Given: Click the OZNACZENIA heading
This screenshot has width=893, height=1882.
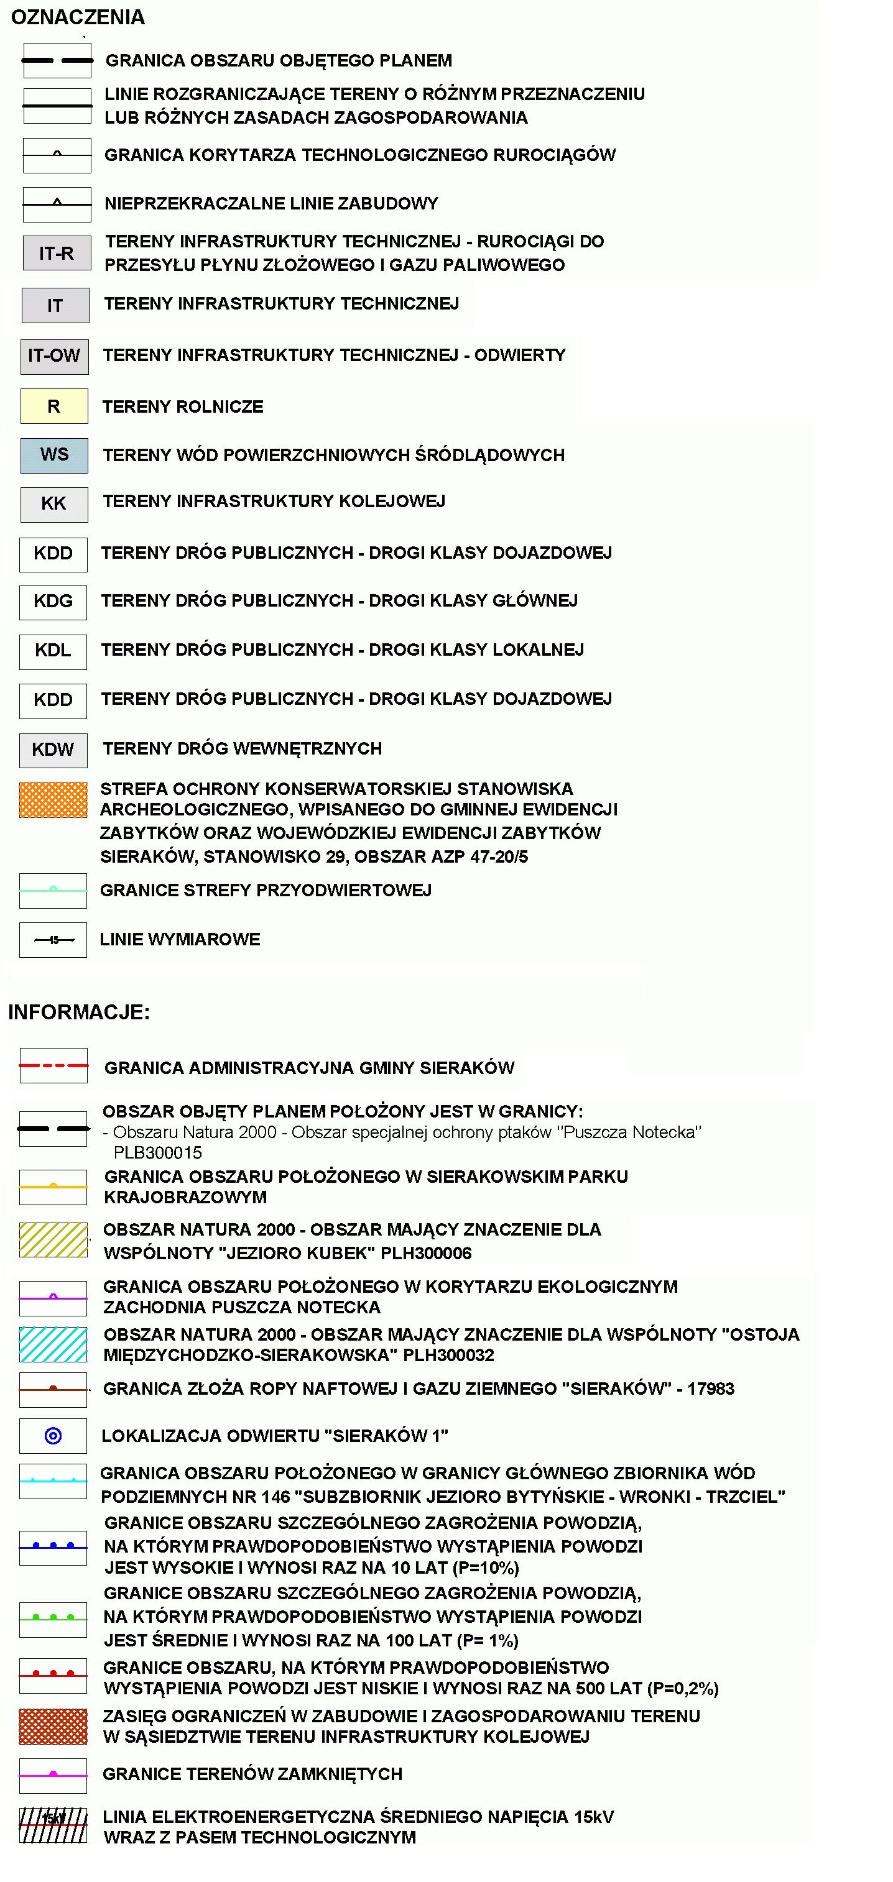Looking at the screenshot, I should pyautogui.click(x=78, y=17).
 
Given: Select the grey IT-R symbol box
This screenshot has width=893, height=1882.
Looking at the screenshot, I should pyautogui.click(x=56, y=254).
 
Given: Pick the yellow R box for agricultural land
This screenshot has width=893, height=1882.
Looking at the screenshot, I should pyautogui.click(x=54, y=406).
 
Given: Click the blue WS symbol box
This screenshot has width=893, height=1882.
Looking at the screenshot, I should pyautogui.click(x=54, y=455).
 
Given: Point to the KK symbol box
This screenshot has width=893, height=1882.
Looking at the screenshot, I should pyautogui.click(x=54, y=504).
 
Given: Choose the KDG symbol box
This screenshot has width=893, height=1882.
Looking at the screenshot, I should pyautogui.click(x=53, y=602).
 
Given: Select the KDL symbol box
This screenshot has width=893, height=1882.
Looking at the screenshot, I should pyautogui.click(x=53, y=651).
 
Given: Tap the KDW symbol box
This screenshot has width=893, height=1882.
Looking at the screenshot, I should pyautogui.click(x=53, y=750).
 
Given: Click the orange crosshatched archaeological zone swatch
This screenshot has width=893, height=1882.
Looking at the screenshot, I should pyautogui.click(x=53, y=800).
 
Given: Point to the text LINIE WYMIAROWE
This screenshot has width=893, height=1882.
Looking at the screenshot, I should pyautogui.click(x=180, y=940).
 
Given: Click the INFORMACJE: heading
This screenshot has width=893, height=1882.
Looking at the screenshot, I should pyautogui.click(x=79, y=1012).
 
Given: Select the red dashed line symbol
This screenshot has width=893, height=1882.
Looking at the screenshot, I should pyautogui.click(x=53, y=1066).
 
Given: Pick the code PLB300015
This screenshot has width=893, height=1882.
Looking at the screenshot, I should pyautogui.click(x=158, y=1153).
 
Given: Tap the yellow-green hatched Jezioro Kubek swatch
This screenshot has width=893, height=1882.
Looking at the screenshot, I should pyautogui.click(x=53, y=1240).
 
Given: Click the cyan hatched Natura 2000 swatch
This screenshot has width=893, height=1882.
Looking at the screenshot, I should pyautogui.click(x=53, y=1344).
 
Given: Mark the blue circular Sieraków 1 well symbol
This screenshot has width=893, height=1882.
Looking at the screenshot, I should pyautogui.click(x=53, y=1436).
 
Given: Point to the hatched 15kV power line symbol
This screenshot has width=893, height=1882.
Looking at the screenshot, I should pyautogui.click(x=53, y=1825).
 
